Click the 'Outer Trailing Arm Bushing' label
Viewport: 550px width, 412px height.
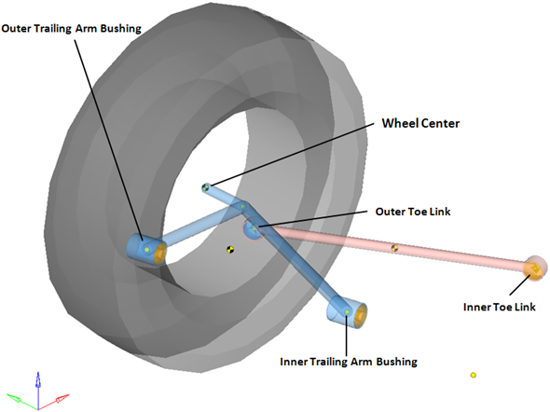click(71, 28)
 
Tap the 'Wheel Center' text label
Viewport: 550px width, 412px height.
click(420, 123)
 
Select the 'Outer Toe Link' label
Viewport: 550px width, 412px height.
click(413, 212)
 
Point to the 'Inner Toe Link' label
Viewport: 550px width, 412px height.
click(499, 307)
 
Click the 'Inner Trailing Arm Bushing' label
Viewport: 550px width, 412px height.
click(349, 362)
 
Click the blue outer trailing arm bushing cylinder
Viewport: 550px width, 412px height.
click(146, 250)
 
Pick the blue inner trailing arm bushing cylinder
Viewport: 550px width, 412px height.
click(347, 312)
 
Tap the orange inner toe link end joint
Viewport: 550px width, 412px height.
click(535, 268)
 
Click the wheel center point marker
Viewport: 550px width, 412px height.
click(206, 186)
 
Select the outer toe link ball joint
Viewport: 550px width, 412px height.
click(253, 230)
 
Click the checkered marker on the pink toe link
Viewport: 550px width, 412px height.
click(394, 248)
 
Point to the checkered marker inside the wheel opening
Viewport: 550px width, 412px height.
click(230, 250)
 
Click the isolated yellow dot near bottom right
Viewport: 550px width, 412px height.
click(474, 376)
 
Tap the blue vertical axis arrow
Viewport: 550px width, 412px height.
click(38, 390)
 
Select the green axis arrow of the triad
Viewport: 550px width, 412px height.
click(21, 401)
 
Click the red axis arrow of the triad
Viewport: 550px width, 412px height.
click(54, 401)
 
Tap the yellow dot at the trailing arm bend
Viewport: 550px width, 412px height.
click(242, 207)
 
